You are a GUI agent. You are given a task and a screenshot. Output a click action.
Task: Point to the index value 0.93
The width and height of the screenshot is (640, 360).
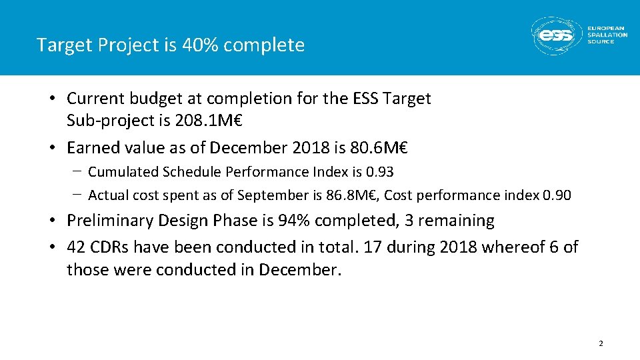[x=380, y=172]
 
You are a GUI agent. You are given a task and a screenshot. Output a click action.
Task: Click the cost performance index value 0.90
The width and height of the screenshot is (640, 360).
[x=557, y=195]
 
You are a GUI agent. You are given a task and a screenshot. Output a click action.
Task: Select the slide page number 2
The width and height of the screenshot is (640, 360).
[x=601, y=344]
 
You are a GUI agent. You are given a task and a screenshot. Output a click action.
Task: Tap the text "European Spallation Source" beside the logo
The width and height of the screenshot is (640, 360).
[x=607, y=35]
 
